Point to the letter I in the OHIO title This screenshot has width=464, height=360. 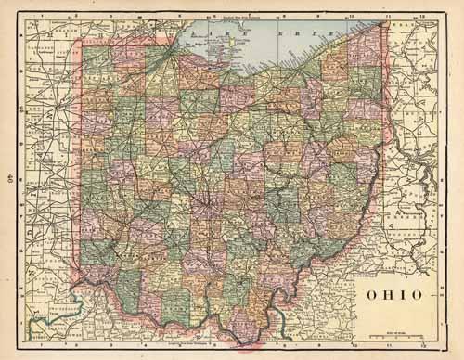396,295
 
